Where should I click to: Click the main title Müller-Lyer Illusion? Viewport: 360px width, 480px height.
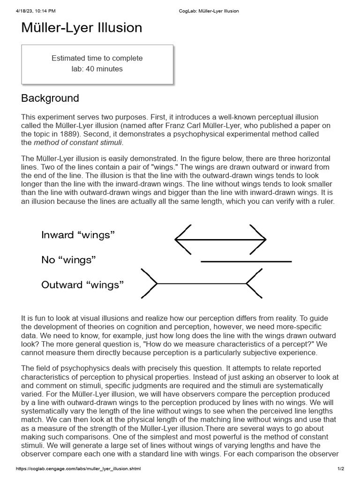(x=82, y=28)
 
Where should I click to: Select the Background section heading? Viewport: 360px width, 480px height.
(x=50, y=98)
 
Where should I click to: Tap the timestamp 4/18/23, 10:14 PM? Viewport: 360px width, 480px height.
(x=36, y=11)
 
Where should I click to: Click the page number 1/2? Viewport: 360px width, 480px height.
(x=341, y=469)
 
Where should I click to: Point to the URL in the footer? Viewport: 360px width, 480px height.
(x=78, y=469)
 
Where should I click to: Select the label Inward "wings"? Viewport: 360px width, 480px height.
(x=78, y=235)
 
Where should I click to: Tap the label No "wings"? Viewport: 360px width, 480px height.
(x=68, y=260)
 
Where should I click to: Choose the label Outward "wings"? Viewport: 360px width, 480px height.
(x=82, y=285)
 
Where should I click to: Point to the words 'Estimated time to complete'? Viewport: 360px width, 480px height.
(x=97, y=59)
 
